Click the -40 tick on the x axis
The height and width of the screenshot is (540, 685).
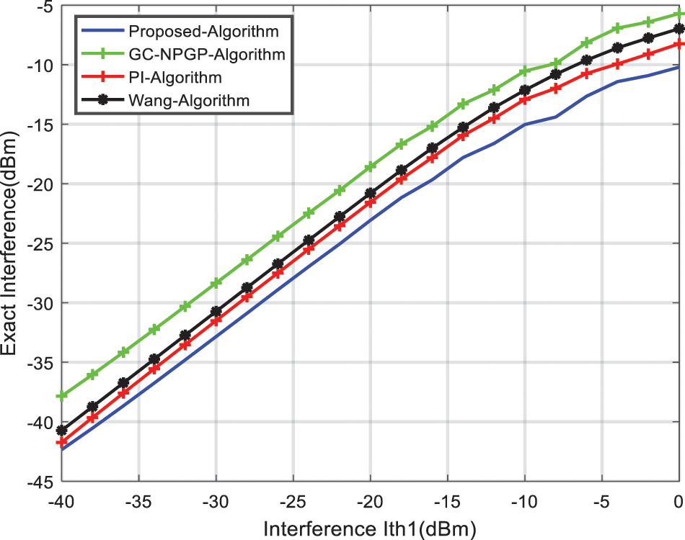tap(62, 499)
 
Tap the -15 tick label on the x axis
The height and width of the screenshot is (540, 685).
tap(447, 499)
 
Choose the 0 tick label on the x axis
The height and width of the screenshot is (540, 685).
tap(679, 499)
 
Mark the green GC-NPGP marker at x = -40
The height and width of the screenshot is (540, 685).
tap(62, 395)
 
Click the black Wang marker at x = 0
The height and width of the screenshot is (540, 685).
tap(679, 30)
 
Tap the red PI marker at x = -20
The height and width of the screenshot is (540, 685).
tap(370, 202)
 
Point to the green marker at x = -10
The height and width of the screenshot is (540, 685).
tap(524, 71)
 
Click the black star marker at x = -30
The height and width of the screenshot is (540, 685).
tap(216, 312)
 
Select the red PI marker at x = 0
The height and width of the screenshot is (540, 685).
tap(679, 44)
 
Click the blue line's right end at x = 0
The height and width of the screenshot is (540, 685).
tap(679, 68)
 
